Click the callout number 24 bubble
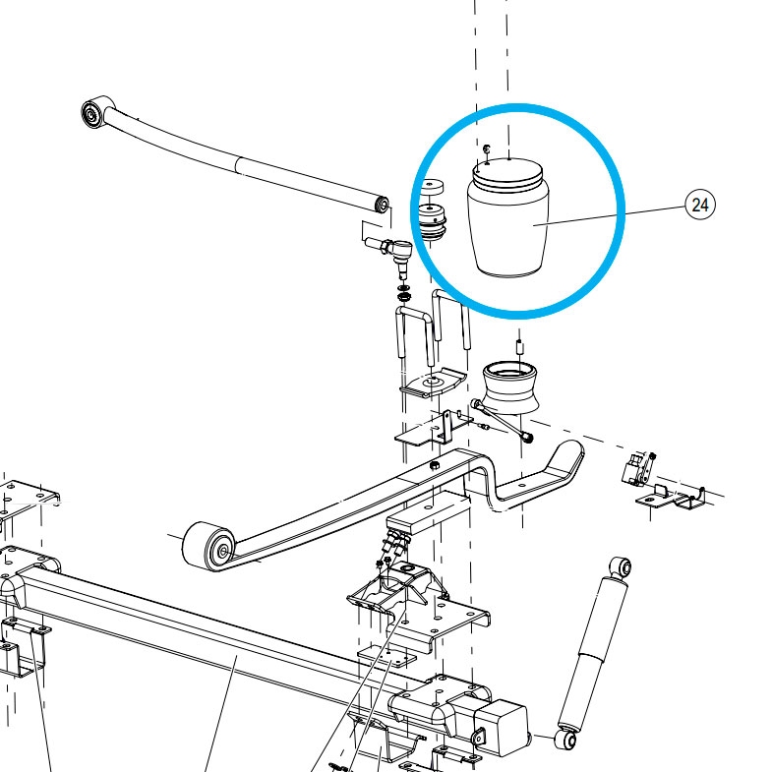pyautogui.click(x=699, y=205)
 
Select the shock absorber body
pyautogui.click(x=593, y=651)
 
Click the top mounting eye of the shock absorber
pyautogui.click(x=621, y=567)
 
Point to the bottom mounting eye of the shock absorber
pyautogui.click(x=565, y=740)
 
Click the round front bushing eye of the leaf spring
pyautogui.click(x=209, y=547)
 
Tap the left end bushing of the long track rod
pyautogui.click(x=92, y=114)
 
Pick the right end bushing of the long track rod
pyautogui.click(x=382, y=204)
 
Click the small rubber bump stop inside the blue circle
pyautogui.click(x=432, y=222)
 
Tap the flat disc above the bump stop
pyautogui.click(x=432, y=186)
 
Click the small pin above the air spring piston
pyautogui.click(x=519, y=346)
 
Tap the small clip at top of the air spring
pyautogui.click(x=487, y=148)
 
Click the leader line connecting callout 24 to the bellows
pyautogui.click(x=610, y=215)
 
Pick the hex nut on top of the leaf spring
pyautogui.click(x=435, y=465)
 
